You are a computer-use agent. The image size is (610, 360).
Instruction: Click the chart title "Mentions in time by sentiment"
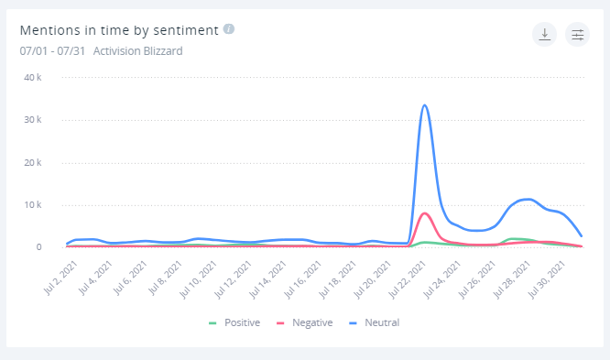coord(119,30)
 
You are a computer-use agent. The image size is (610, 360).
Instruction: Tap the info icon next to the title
coord(229,29)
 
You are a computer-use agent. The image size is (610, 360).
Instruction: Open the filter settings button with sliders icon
coord(577,35)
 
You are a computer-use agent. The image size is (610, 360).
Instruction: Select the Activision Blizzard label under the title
coord(137,51)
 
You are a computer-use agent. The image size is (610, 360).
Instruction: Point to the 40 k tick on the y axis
coord(32,78)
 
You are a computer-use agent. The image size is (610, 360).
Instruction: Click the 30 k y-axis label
coord(32,120)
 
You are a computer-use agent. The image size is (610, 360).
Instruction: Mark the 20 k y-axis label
coord(32,162)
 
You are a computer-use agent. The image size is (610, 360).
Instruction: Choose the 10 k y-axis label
coord(32,204)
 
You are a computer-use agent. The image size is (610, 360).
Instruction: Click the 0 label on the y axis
coord(38,246)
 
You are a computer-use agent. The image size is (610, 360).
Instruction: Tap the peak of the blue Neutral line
coord(425,105)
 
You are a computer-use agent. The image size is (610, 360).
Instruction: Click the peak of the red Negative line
coord(425,213)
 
